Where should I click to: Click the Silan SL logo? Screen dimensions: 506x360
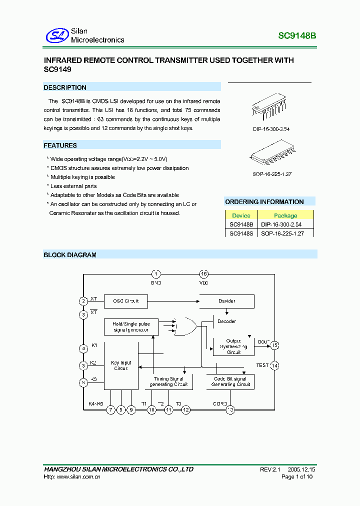tap(56, 35)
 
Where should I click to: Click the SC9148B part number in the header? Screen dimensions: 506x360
tap(297, 36)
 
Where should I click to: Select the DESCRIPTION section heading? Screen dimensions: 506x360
tap(65, 87)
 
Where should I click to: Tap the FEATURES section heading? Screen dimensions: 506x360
tap(60, 145)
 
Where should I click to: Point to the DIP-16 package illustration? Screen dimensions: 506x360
tap(270, 107)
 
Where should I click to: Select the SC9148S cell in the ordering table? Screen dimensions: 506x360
tap(241, 233)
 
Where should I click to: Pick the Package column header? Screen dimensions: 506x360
tap(285, 215)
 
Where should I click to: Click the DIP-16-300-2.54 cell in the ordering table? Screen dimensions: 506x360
tap(281, 225)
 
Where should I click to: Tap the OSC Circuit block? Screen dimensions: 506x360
tap(125, 301)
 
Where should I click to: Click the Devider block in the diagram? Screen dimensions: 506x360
tap(226, 301)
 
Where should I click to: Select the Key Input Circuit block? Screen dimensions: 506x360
tap(120, 365)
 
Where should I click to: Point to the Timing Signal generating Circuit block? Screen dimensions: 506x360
tap(169, 381)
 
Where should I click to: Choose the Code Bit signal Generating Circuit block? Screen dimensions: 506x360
tap(230, 381)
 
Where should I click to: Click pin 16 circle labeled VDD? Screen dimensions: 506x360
tap(203, 274)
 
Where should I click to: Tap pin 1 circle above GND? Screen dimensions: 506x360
tap(156, 274)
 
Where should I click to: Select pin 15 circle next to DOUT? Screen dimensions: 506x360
tap(274, 345)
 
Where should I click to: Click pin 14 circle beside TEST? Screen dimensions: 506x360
tap(274, 365)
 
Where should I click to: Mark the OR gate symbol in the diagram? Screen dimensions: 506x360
tap(186, 326)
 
